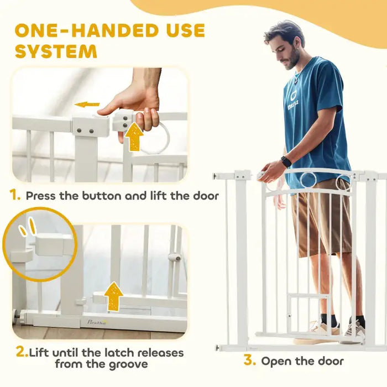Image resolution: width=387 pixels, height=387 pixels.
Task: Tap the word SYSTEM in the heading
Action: (56, 51)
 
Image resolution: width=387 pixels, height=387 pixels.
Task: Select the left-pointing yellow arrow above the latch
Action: (87, 104)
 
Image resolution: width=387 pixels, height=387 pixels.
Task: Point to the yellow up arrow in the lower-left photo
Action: (114, 296)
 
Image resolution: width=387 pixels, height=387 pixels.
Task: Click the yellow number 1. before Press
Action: (16, 195)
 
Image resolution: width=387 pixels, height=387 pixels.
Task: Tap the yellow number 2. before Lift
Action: (22, 352)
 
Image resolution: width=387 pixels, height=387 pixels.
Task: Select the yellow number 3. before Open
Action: (249, 361)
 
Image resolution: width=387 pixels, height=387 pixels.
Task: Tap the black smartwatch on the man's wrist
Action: (285, 161)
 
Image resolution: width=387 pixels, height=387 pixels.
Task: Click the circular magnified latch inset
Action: (39, 244)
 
